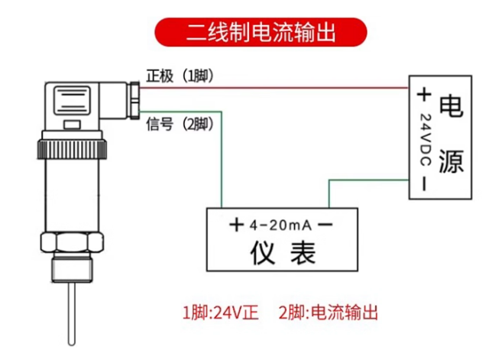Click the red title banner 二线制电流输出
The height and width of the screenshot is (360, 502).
261,32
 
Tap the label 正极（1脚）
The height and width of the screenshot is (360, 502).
180,76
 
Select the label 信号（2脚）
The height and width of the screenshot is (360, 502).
180,124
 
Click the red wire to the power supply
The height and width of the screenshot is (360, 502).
274,87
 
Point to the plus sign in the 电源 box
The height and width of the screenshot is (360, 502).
424,95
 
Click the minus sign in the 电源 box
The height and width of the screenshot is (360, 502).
424,184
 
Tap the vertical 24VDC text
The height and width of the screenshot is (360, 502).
425,140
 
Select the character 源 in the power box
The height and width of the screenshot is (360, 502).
451,161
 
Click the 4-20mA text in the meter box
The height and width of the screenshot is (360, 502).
280,225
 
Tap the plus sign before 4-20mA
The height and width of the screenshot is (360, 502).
237,225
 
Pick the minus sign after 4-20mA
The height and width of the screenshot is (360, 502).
325,224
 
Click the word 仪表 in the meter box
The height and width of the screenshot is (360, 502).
283,253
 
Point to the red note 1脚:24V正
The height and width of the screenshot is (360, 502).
220,313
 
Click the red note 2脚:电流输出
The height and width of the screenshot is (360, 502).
328,313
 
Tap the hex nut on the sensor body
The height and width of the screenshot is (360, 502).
72,242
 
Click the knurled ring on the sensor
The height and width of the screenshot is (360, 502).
72,149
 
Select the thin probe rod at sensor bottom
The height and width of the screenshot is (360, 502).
72,314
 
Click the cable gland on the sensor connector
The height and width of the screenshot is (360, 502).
134,100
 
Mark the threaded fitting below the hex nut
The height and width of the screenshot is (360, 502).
72,267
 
